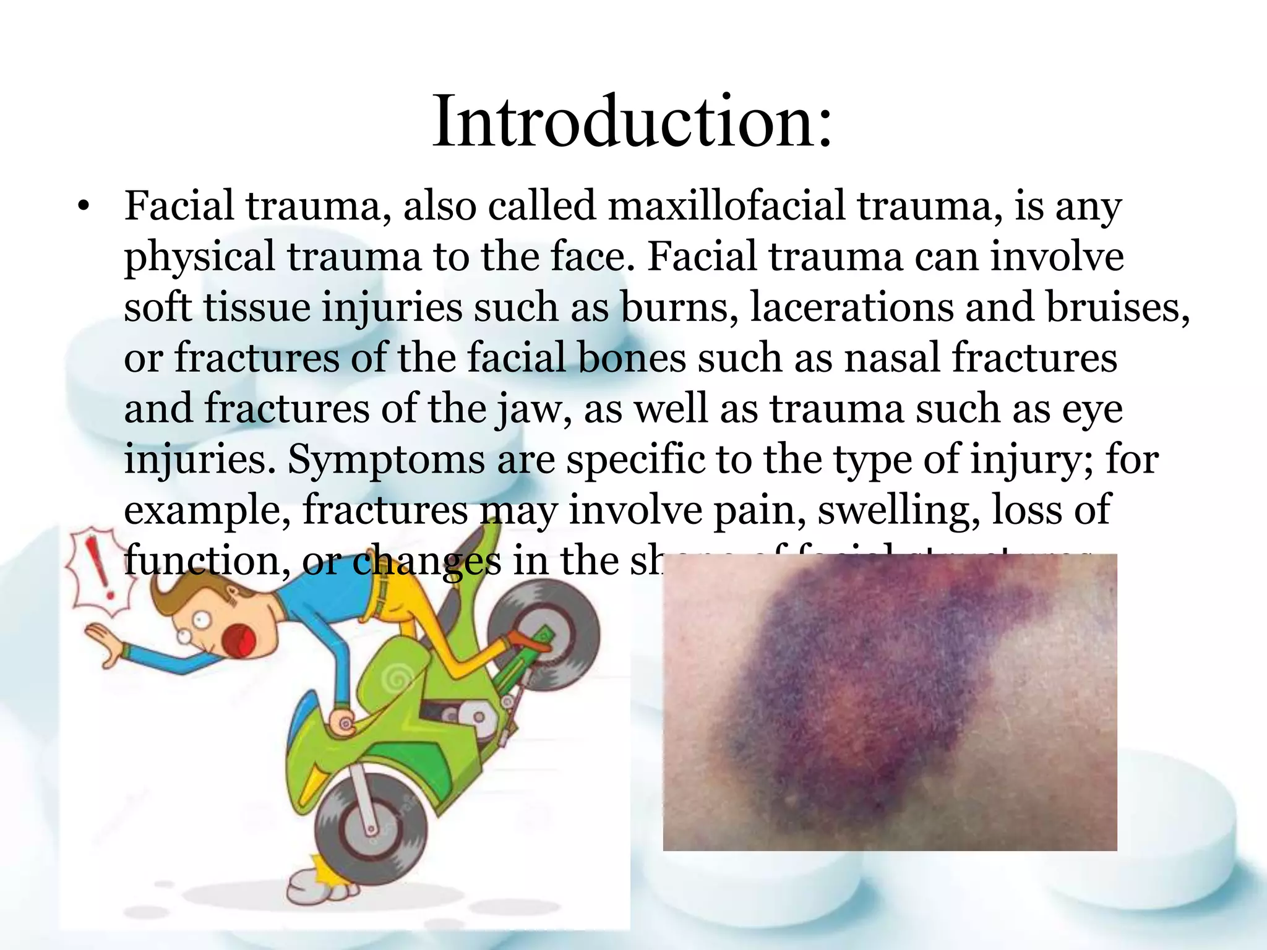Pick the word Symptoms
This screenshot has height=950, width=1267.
[x=386, y=461]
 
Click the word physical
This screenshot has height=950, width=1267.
[x=199, y=258]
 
